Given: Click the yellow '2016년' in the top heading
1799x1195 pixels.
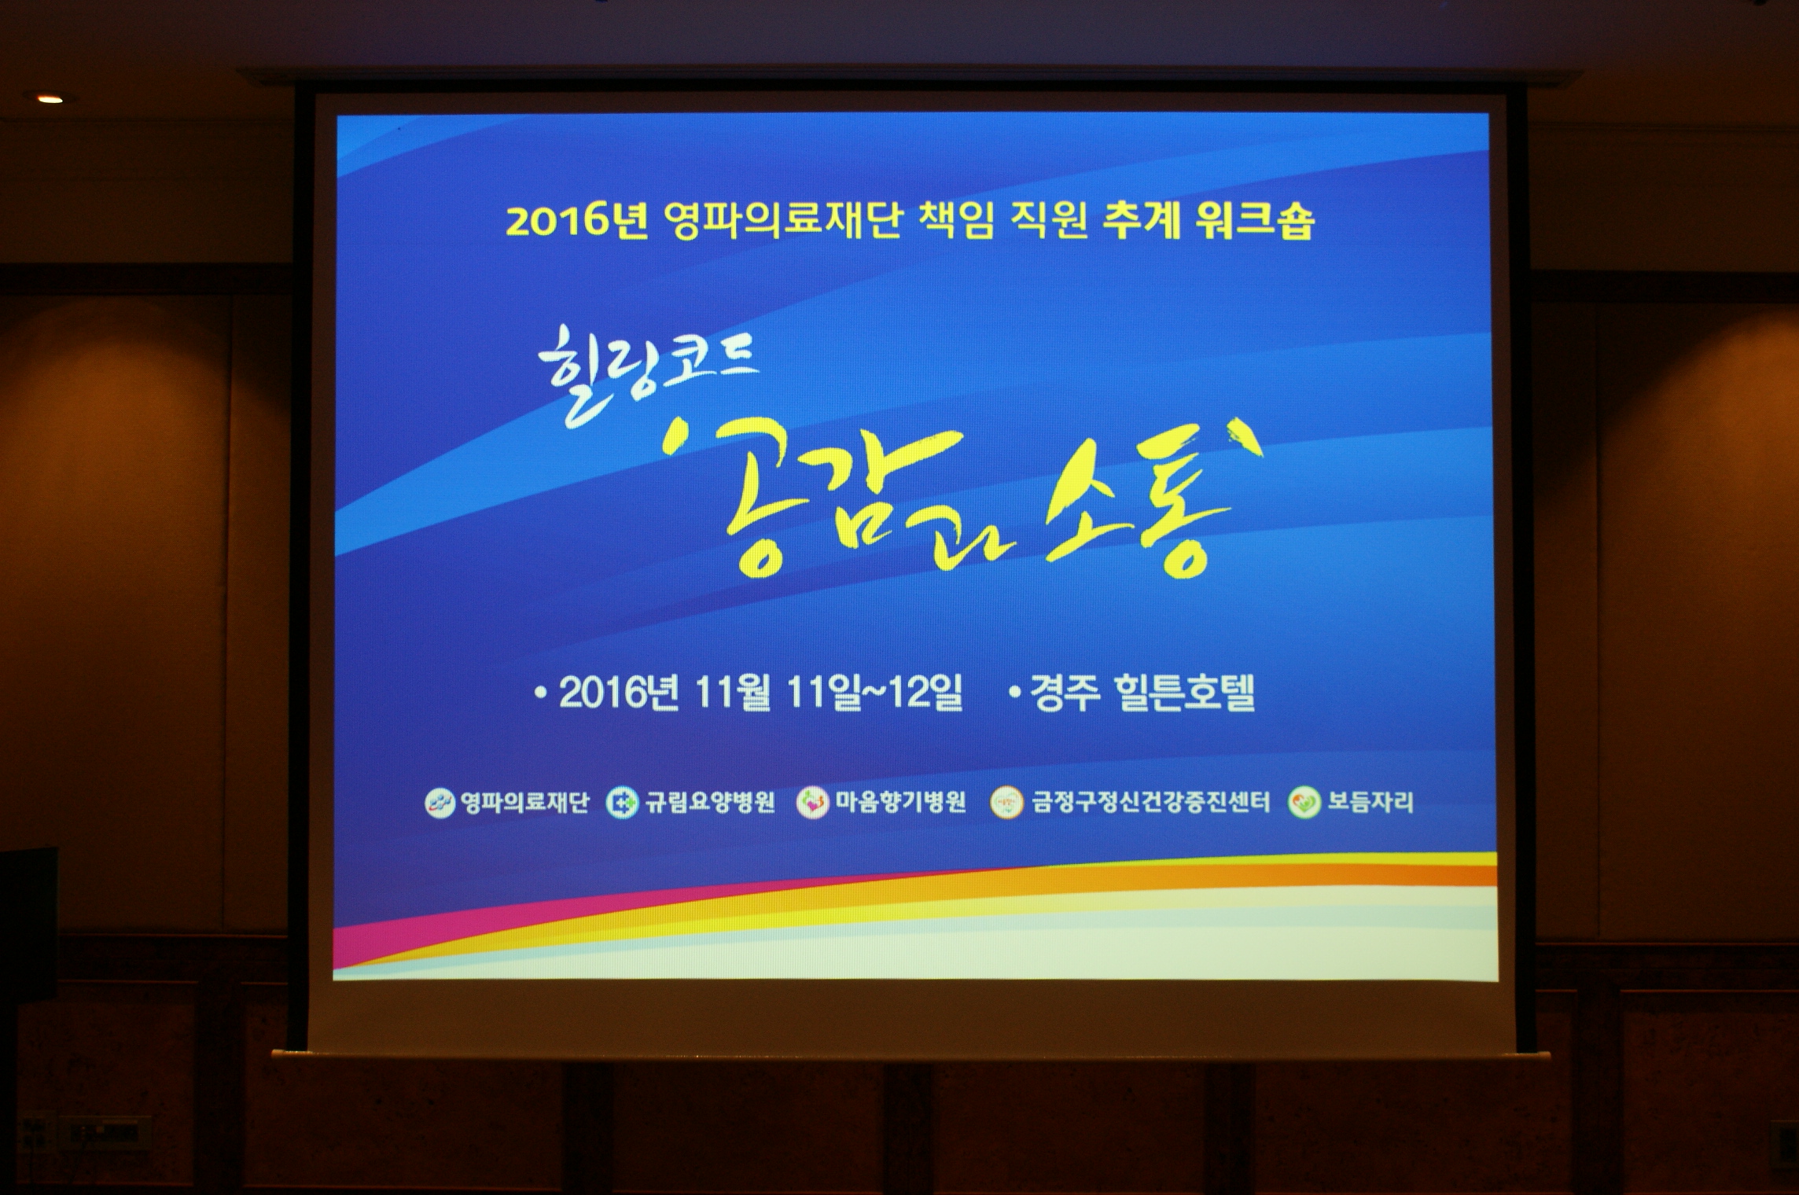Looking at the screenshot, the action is click(576, 222).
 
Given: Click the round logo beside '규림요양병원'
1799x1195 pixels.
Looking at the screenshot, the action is click(623, 803).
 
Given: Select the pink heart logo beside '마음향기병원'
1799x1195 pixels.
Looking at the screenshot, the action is click(813, 803).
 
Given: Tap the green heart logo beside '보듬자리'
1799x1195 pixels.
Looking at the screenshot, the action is click(1304, 803).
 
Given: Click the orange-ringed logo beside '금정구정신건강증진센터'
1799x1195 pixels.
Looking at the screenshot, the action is click(1006, 803).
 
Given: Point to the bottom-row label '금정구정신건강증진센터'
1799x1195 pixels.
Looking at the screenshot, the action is click(1150, 803).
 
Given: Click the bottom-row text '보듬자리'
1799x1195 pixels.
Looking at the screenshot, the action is click(1370, 803).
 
